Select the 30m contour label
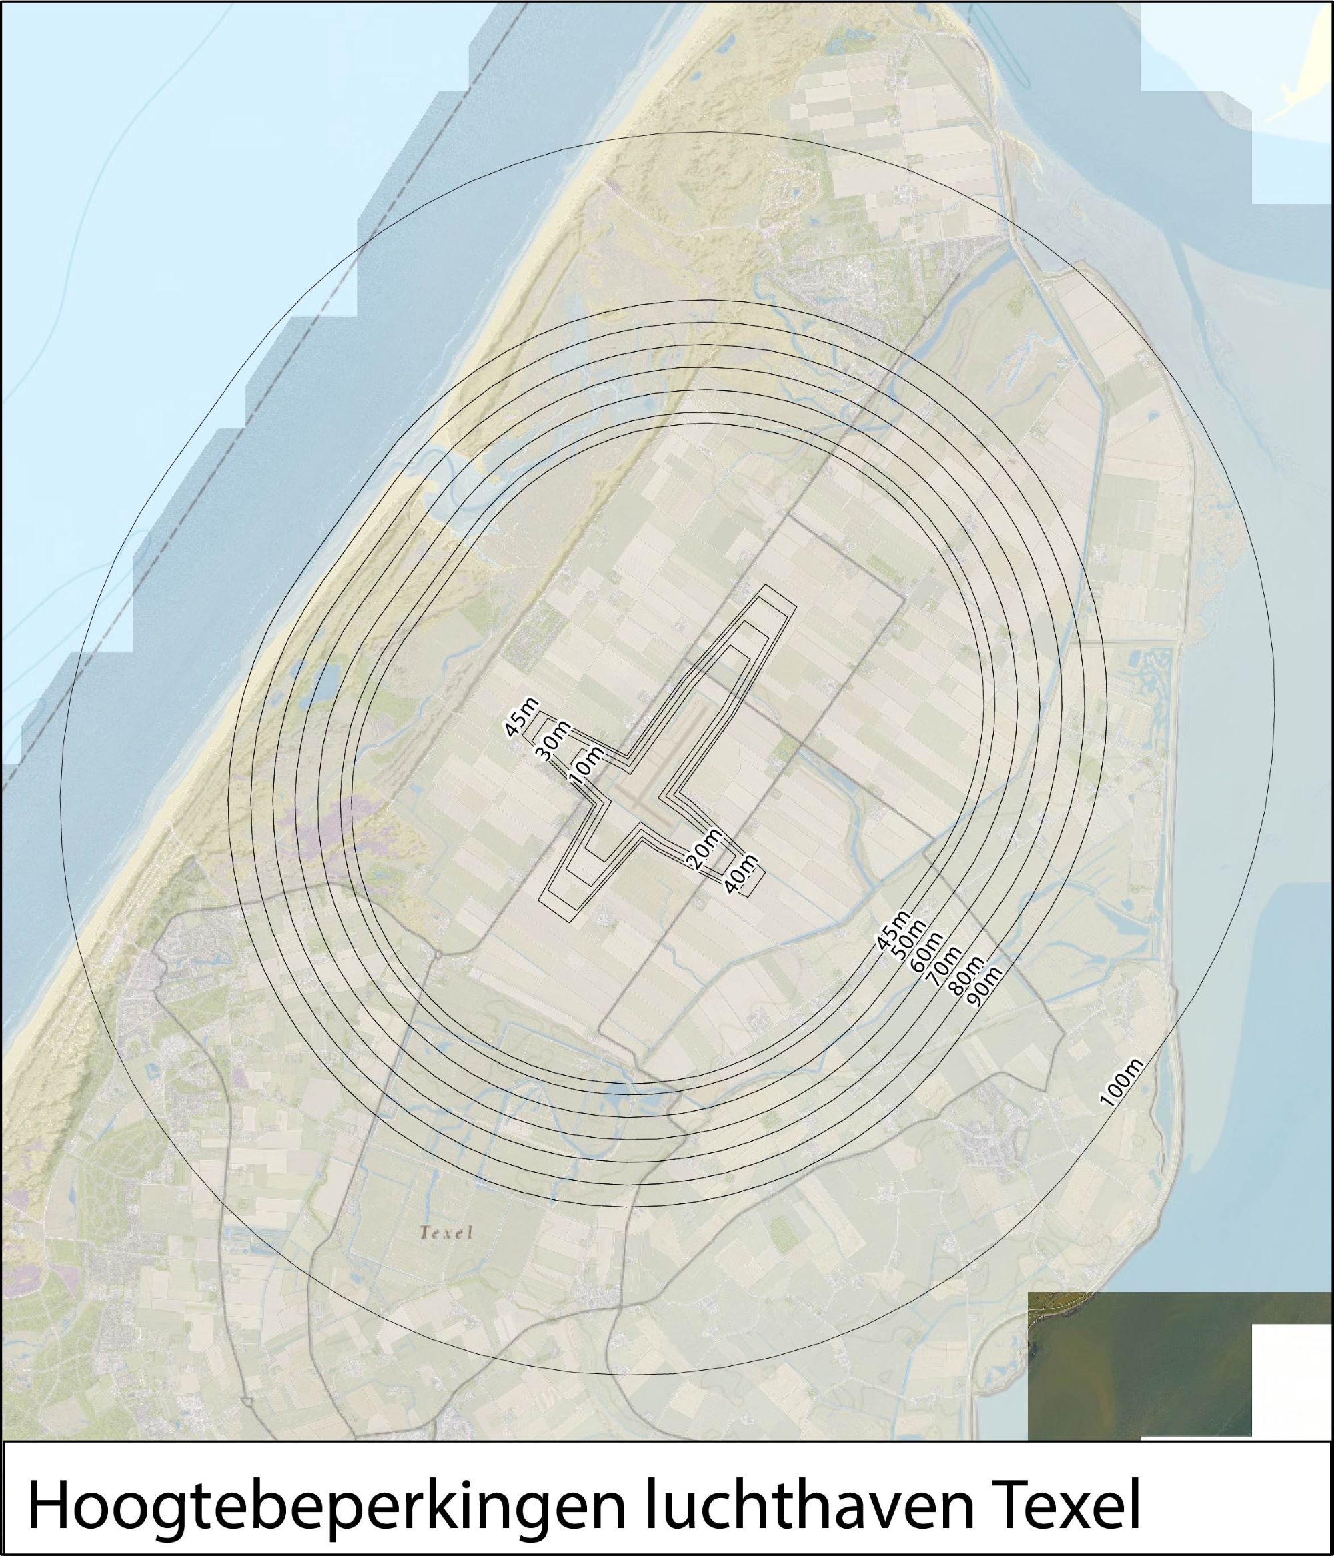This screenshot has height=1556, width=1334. point(554,741)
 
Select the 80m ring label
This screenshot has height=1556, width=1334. point(965,976)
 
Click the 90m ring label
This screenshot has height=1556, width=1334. point(984,988)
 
